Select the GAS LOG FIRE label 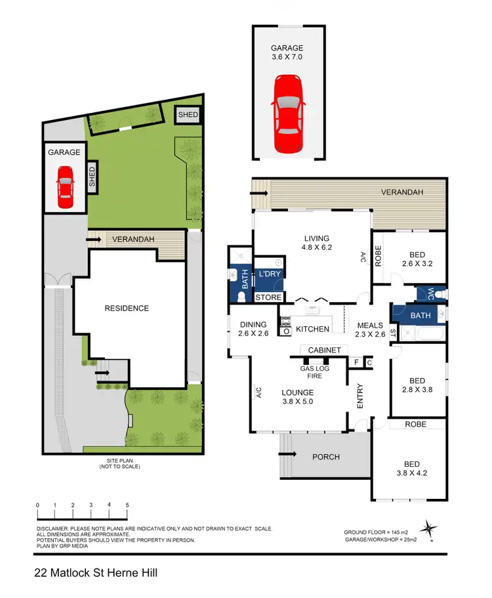315,372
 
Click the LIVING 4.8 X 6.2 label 316,244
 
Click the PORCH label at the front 325,456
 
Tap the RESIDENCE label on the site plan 127,308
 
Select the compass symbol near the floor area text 430,528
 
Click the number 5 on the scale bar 127,505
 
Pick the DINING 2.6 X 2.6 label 253,329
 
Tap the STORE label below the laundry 268,297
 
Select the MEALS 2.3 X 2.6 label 369,329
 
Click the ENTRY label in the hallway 359,396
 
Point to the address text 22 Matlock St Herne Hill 96,573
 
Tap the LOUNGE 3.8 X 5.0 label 298,397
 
